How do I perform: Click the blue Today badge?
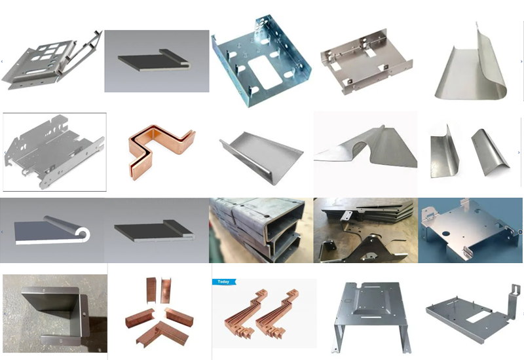(x=223, y=282)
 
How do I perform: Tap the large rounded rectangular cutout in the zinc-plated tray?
(x=265, y=72)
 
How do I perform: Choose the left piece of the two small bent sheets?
(x=445, y=152)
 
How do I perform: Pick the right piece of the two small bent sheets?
(x=489, y=152)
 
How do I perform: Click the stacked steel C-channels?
(x=261, y=230)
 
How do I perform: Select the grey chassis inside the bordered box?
(x=54, y=151)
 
